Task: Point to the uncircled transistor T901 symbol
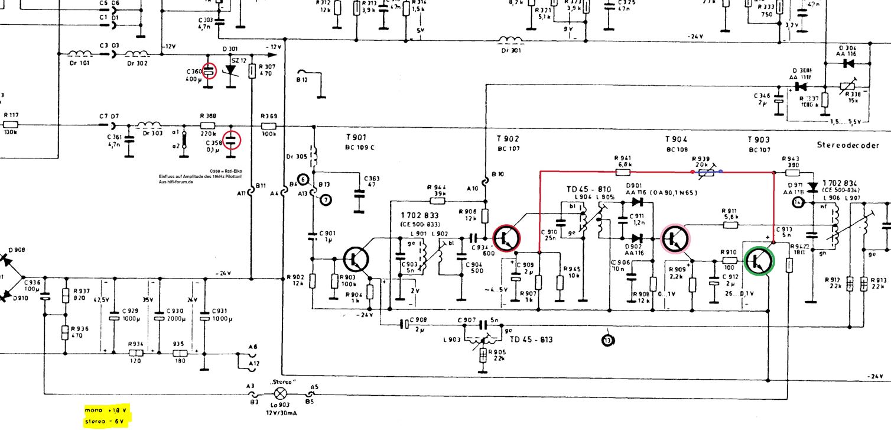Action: coord(356,259)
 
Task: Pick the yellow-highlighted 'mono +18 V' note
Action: coord(106,409)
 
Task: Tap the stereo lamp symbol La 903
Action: coord(282,393)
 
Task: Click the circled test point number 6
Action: coord(303,179)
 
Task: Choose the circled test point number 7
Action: coord(326,199)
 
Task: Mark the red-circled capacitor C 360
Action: coord(209,71)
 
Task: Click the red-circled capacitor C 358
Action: coord(232,140)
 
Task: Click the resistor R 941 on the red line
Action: coord(623,172)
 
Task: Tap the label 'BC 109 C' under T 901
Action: coord(360,148)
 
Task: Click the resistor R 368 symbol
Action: coord(208,126)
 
